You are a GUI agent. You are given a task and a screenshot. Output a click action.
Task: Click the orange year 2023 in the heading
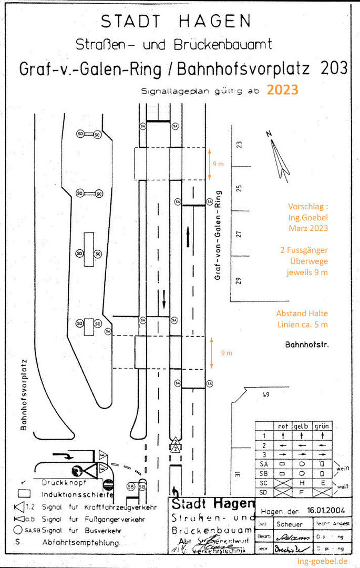pyautogui.click(x=282, y=90)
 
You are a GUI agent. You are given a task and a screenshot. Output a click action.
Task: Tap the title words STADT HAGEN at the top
pyautogui.click(x=176, y=21)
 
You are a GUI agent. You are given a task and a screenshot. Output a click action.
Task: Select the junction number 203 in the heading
pyautogui.click(x=332, y=68)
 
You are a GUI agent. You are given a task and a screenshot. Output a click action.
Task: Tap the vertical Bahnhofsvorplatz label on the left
pyautogui.click(x=24, y=395)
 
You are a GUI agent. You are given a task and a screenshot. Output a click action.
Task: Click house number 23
pyautogui.click(x=239, y=145)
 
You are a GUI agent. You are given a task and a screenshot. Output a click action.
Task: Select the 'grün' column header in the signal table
pyautogui.click(x=321, y=426)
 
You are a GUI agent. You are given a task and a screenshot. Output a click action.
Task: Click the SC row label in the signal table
pyautogui.click(x=264, y=483)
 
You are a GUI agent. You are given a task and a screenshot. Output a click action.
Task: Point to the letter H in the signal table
pyautogui.click(x=302, y=483)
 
